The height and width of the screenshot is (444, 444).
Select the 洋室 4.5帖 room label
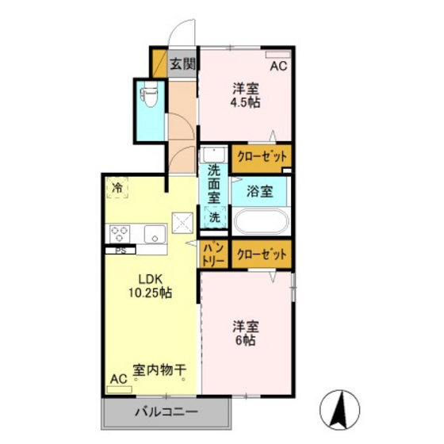tap(246, 94)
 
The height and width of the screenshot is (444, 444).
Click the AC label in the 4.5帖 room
tap(277, 67)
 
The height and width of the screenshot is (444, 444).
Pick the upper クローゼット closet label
tap(262, 156)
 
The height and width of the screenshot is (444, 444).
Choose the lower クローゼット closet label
tap(262, 255)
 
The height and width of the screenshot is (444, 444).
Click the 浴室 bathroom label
tap(259, 191)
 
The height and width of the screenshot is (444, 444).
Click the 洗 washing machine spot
tap(214, 216)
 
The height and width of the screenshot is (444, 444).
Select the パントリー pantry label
tap(212, 253)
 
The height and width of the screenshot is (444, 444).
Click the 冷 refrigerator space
tap(117, 188)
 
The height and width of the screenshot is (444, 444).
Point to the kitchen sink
tap(154, 233)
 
